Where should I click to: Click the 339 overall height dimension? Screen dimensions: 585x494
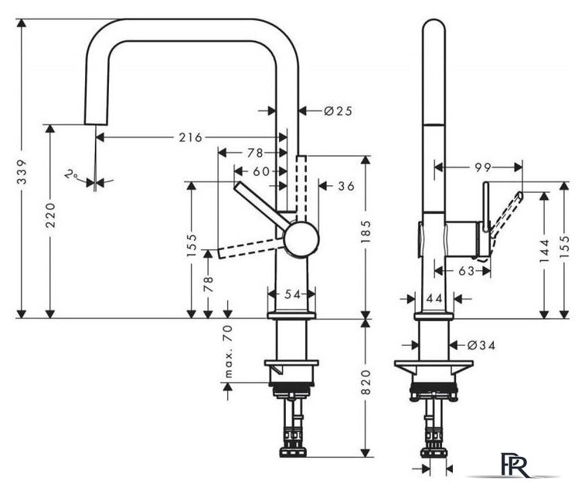(x=22, y=172)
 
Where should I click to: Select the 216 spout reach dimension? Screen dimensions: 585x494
(x=190, y=137)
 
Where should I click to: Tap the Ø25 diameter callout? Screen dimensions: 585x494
(x=338, y=110)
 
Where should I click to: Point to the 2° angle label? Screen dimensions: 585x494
(x=71, y=174)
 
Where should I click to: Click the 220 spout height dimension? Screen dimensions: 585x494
(x=50, y=215)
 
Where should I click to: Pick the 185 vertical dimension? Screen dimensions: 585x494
(x=366, y=232)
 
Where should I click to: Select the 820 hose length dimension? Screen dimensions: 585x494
(x=366, y=382)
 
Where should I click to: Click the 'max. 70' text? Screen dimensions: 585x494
(x=227, y=351)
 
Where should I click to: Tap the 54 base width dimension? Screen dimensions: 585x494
(x=292, y=294)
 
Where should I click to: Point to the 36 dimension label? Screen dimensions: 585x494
(x=346, y=186)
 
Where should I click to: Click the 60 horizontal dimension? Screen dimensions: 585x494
(x=260, y=171)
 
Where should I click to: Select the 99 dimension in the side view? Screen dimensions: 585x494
(x=483, y=167)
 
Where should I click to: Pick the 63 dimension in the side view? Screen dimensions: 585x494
(x=466, y=271)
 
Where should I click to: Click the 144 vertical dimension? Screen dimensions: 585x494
(x=545, y=250)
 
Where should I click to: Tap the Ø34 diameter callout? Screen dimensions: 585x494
(x=481, y=346)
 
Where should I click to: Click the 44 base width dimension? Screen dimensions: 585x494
(x=434, y=299)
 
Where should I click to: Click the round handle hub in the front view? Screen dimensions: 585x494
(x=301, y=239)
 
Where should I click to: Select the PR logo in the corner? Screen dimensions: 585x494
(x=515, y=465)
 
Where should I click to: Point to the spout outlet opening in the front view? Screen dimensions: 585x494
(x=97, y=123)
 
